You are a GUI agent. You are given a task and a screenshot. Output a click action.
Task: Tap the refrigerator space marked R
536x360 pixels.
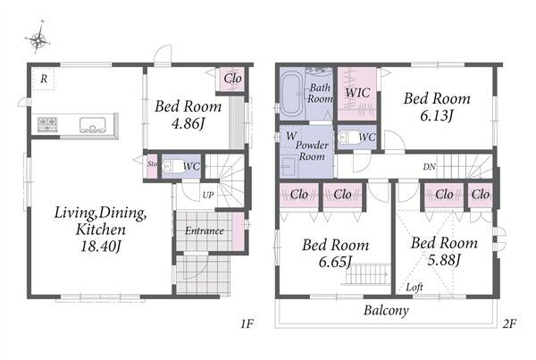pos(44,79)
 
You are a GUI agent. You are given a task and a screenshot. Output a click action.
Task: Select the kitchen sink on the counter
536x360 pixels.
pos(93,125)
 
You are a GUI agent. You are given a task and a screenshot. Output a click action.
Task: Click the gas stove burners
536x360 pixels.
pos(47,124)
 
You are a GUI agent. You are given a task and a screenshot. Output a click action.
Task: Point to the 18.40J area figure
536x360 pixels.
pos(100,247)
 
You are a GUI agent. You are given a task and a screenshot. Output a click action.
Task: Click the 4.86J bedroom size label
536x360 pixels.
pos(188,123)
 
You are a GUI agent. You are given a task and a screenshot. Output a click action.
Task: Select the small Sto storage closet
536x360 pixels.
pos(152,166)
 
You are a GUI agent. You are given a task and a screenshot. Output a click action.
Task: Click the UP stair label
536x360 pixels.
pos(208,196)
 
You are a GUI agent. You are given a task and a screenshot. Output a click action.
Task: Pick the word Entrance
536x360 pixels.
pos(205,230)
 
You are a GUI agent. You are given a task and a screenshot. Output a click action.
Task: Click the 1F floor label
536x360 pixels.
pos(247,323)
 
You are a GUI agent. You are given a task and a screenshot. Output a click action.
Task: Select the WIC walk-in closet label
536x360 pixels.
pos(357,93)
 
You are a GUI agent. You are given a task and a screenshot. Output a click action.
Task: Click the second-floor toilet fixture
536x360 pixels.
pos(347,138)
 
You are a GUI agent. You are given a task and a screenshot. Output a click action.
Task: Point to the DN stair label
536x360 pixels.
pos(430,166)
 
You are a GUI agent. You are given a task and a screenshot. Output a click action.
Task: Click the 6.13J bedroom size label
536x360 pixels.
pos(437,116)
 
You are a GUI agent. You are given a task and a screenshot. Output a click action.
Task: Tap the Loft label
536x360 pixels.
pos(415,287)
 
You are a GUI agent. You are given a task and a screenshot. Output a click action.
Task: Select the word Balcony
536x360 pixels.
pos(386,311)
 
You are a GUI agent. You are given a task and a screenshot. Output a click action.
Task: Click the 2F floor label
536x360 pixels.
pos(509,323)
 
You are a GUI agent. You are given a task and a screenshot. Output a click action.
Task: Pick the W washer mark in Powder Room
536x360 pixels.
pos(291,136)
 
